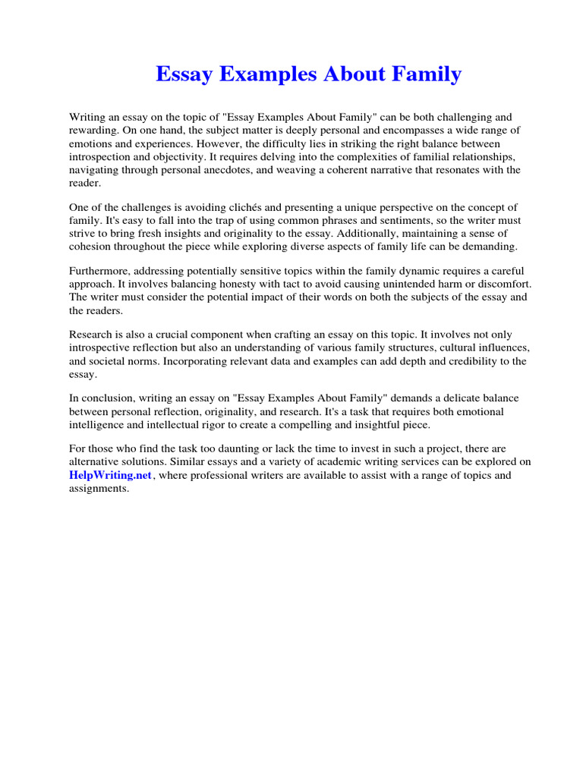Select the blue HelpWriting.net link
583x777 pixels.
(111, 476)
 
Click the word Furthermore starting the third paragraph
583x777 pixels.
(99, 271)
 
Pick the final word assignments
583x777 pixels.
(99, 489)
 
